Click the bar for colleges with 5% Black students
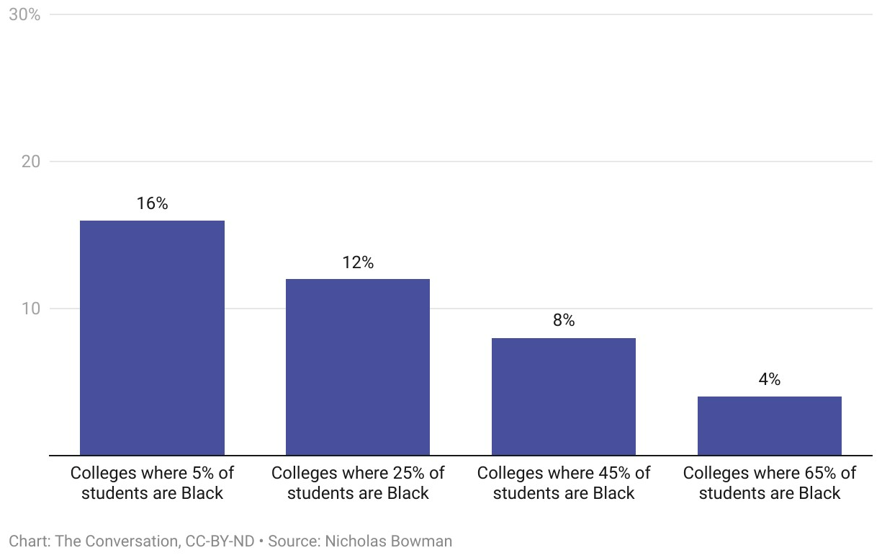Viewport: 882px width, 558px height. click(152, 337)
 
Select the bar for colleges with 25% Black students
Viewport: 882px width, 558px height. click(358, 367)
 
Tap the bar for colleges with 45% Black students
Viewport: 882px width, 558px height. click(564, 397)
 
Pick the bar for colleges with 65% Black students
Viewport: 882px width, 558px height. click(770, 426)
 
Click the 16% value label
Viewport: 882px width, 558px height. click(152, 204)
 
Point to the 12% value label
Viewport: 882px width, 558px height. click(358, 262)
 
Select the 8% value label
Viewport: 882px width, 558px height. click(564, 321)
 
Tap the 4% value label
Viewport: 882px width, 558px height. click(770, 380)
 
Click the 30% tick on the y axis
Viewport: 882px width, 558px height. click(24, 14)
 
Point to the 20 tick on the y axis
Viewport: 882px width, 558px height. click(30, 161)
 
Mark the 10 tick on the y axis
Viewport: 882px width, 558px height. click(30, 309)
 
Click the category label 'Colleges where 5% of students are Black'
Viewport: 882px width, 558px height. click(152, 483)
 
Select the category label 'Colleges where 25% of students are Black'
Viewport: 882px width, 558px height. click(358, 483)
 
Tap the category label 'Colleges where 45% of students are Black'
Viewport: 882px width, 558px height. click(564, 483)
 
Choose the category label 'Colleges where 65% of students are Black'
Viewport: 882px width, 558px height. click(770, 483)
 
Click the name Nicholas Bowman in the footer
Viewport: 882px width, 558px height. click(389, 541)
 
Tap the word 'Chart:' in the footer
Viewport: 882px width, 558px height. click(29, 541)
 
